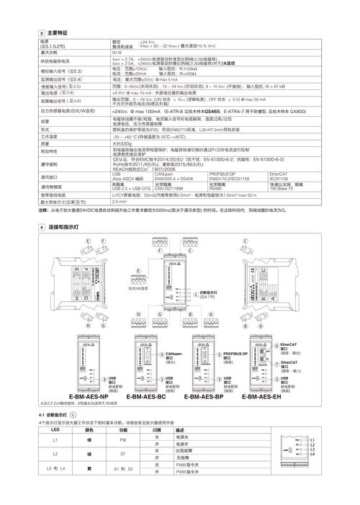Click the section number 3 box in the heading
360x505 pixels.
pos(42,33)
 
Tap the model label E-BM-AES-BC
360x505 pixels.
pos(146,397)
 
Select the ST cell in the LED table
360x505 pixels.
pos(123,455)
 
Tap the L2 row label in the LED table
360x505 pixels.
pos(55,455)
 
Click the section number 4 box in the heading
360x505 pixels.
pos(42,227)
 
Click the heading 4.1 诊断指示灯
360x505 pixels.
pos(55,416)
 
